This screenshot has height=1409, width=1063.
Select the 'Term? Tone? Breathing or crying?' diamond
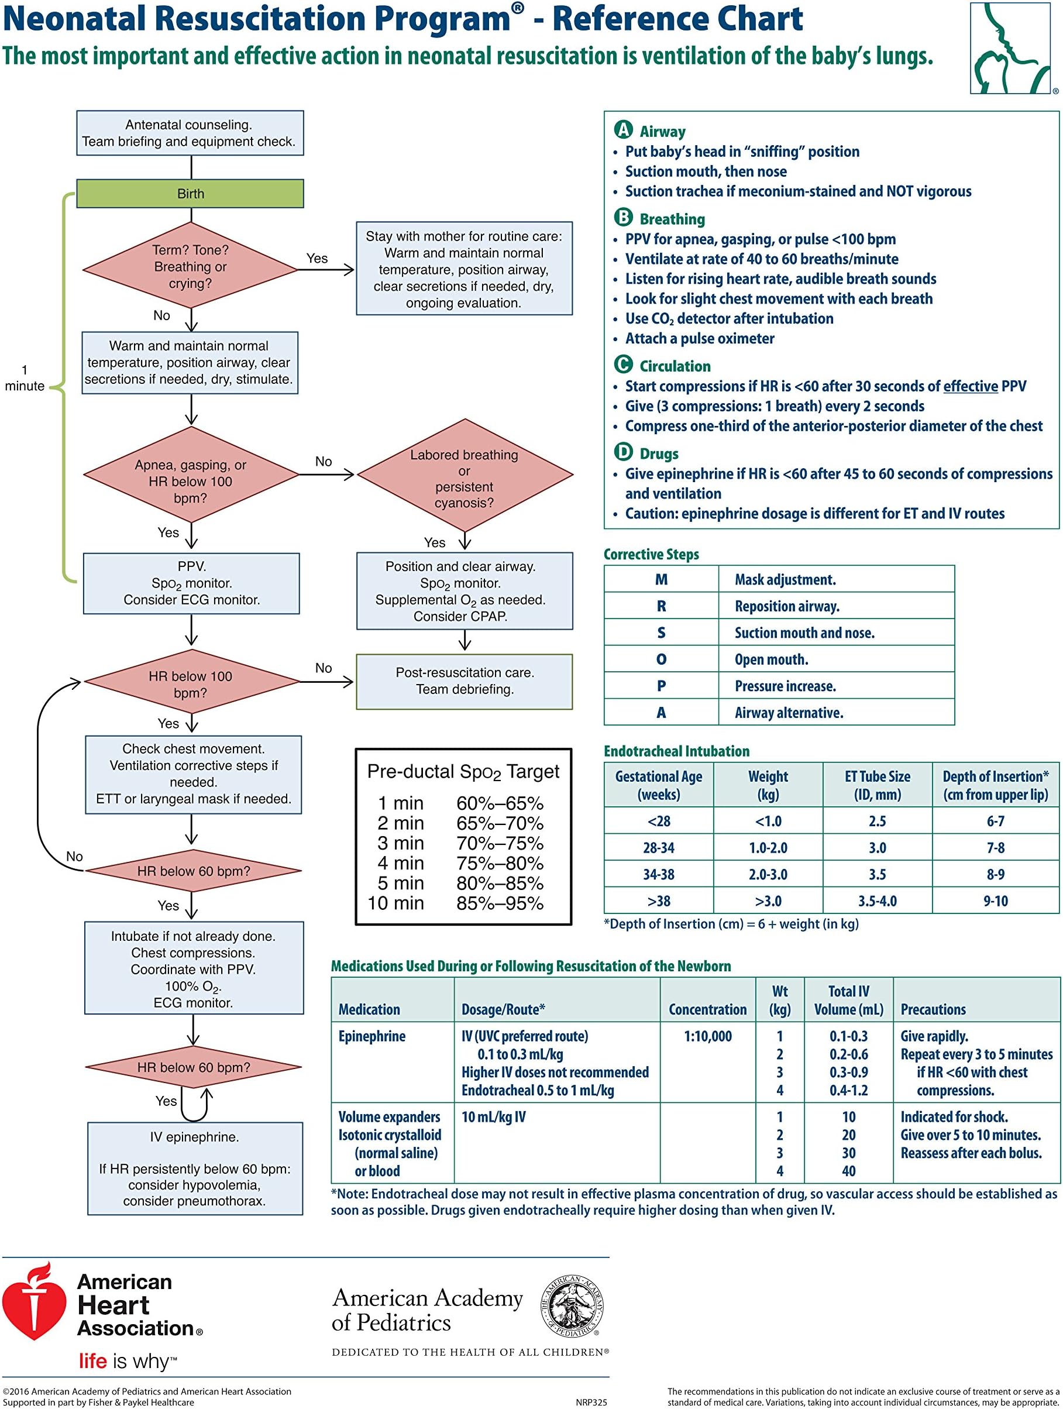(191, 266)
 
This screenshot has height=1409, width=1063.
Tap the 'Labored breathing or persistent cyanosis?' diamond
(465, 475)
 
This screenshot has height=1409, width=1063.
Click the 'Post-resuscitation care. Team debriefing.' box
(465, 681)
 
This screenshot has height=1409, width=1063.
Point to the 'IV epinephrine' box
(195, 1169)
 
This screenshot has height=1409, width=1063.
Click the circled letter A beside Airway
(623, 130)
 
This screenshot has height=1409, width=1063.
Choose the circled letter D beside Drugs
(623, 452)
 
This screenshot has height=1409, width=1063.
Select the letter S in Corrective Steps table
(661, 633)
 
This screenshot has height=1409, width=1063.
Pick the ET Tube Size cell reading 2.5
(877, 821)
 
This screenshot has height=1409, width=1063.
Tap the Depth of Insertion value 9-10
(996, 901)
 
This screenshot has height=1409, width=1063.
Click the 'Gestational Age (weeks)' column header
(659, 785)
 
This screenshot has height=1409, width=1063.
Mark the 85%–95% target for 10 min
(500, 903)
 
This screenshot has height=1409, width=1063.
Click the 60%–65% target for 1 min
(500, 803)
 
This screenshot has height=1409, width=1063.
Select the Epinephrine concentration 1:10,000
(708, 1036)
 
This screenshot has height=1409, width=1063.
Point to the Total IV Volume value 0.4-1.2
(848, 1090)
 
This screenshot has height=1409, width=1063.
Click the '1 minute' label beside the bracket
(25, 378)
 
